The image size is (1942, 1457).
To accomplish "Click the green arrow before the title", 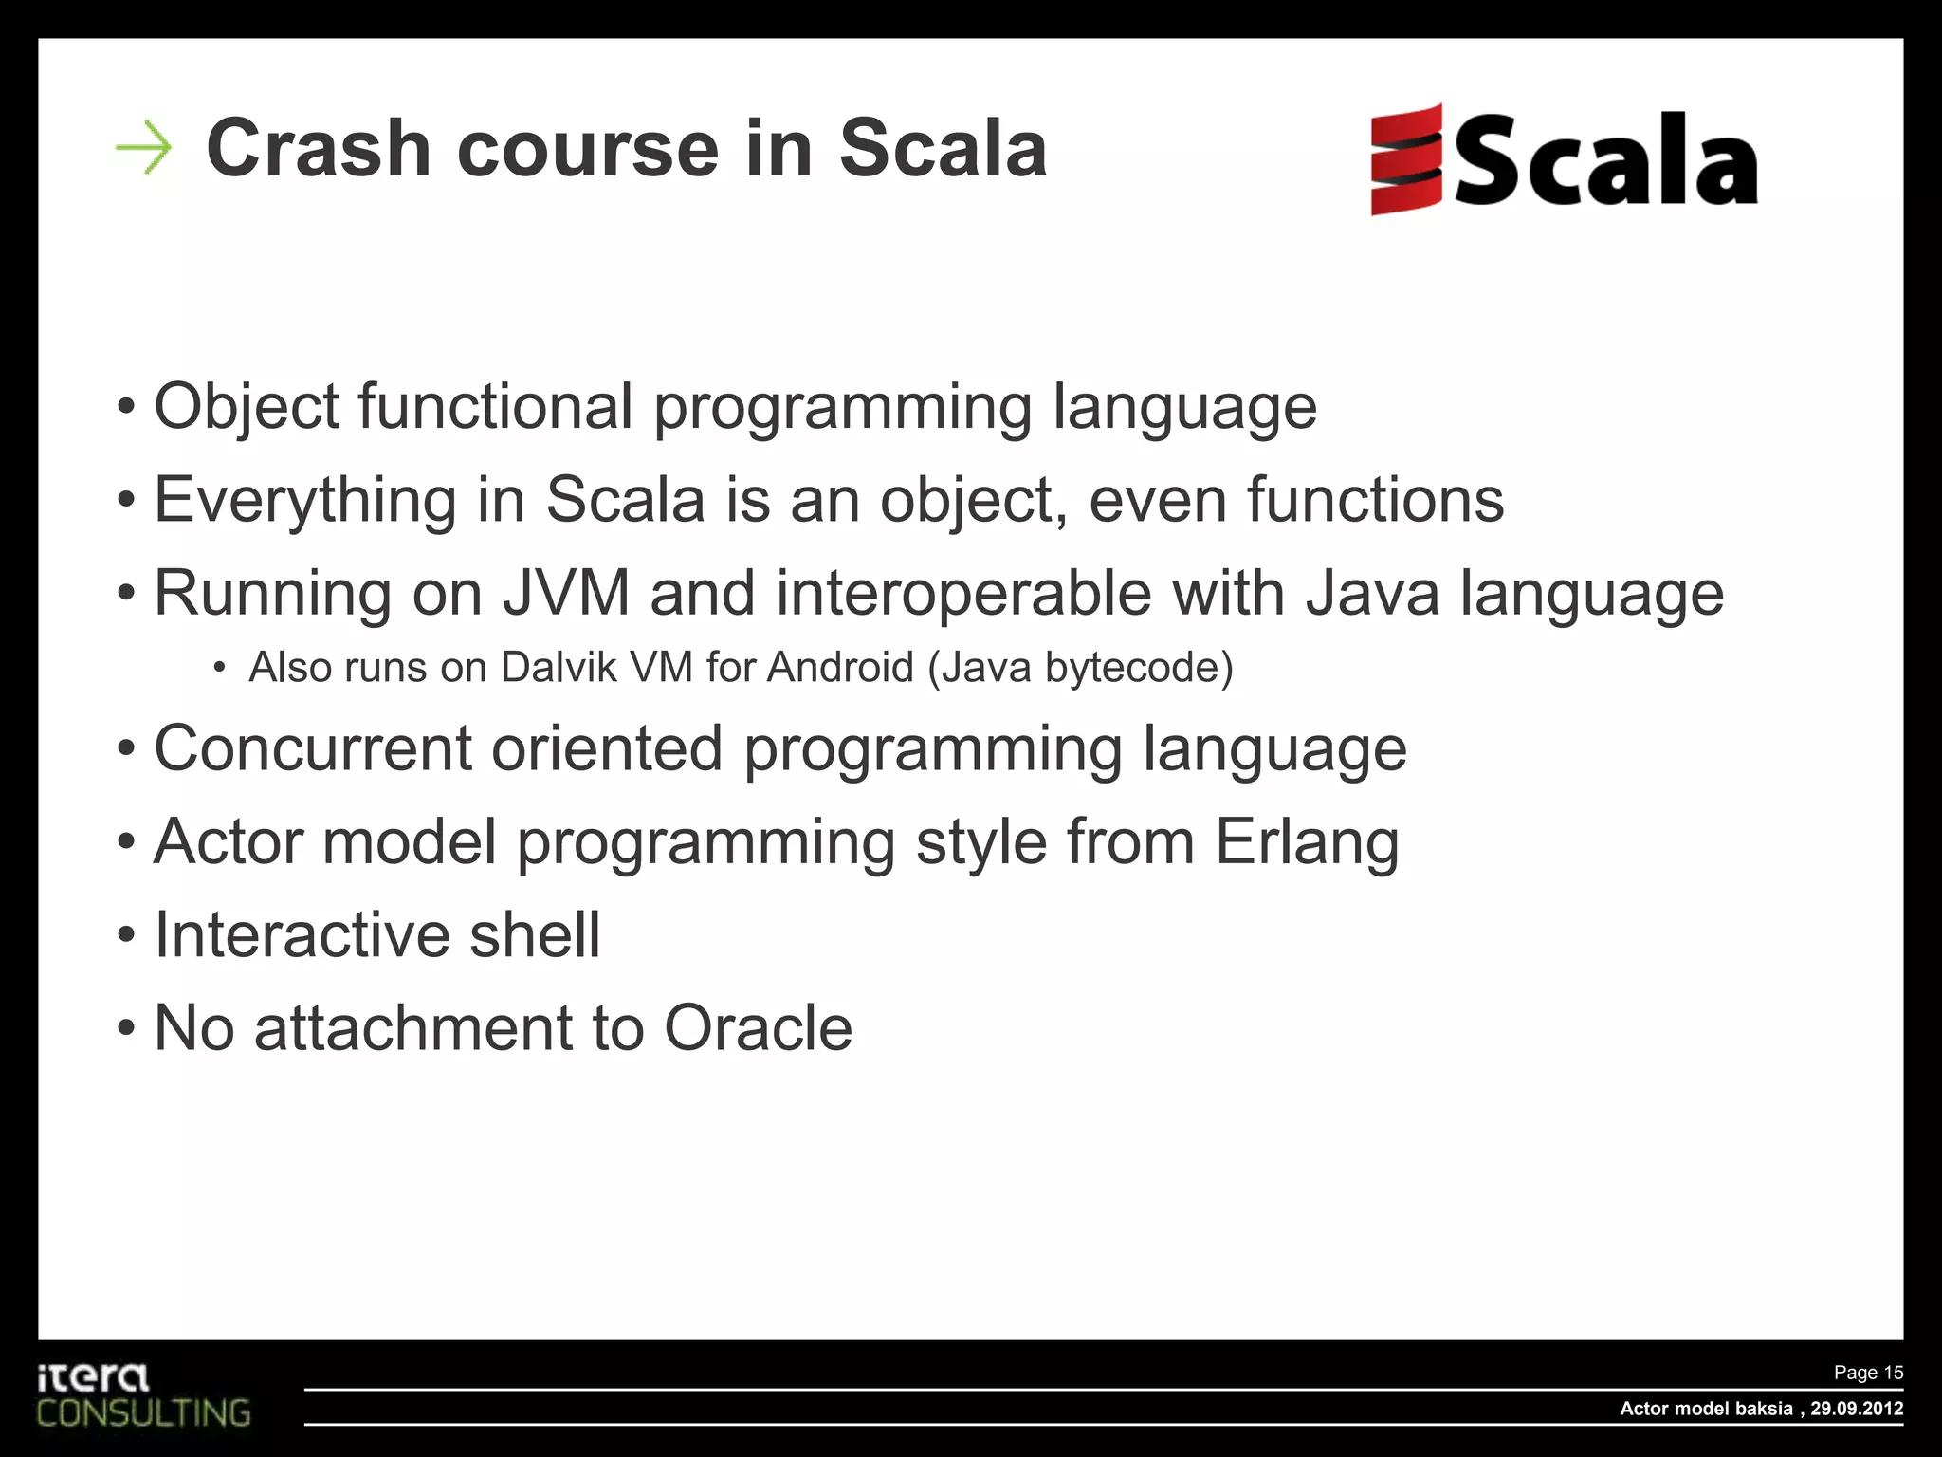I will pyautogui.click(x=143, y=148).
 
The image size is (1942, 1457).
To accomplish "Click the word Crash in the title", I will pyautogui.click(x=319, y=148).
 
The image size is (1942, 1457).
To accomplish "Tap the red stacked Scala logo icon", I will pyautogui.click(x=1406, y=159).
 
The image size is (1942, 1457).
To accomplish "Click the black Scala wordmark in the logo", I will pyautogui.click(x=1605, y=161).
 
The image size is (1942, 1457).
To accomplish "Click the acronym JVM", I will pyautogui.click(x=566, y=594).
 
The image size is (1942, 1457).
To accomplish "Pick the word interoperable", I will pyautogui.click(x=963, y=594).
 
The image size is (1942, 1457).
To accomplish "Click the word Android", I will pyautogui.click(x=840, y=667).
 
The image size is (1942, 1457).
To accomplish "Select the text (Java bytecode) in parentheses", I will pyautogui.click(x=1080, y=667).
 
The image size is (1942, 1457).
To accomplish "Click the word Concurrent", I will pyautogui.click(x=313, y=748).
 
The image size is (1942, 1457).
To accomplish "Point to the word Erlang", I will pyautogui.click(x=1307, y=842).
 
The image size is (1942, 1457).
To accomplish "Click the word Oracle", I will pyautogui.click(x=758, y=1028).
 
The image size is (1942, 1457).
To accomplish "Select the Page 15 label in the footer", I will pyautogui.click(x=1867, y=1373).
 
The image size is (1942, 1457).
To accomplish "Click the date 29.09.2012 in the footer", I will pyautogui.click(x=1857, y=1409).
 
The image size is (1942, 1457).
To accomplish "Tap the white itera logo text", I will pyautogui.click(x=93, y=1377).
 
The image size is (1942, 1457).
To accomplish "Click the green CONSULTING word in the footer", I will pyautogui.click(x=143, y=1413).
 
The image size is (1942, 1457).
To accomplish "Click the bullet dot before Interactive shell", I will pyautogui.click(x=127, y=936).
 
